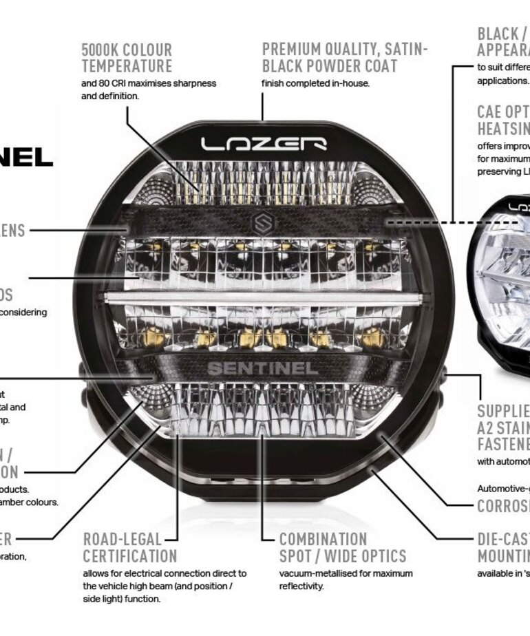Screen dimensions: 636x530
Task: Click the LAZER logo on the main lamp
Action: pyautogui.click(x=263, y=144)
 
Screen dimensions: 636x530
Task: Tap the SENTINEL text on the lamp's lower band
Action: pyautogui.click(x=262, y=368)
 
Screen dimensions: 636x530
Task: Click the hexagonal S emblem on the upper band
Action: pyautogui.click(x=264, y=224)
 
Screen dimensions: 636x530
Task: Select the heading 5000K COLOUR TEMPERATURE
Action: pyautogui.click(x=127, y=58)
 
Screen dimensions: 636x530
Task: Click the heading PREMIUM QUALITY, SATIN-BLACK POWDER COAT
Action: pyautogui.click(x=345, y=58)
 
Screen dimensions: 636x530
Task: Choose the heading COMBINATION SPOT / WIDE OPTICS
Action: pyautogui.click(x=342, y=547)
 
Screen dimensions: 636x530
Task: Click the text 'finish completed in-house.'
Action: pyautogui.click(x=315, y=83)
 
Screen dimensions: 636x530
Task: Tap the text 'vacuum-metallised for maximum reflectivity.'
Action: pyautogui.click(x=346, y=580)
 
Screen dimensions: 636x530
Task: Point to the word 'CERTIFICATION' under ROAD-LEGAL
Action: pyautogui.click(x=129, y=555)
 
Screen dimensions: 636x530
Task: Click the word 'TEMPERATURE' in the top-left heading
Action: pyautogui.click(x=127, y=66)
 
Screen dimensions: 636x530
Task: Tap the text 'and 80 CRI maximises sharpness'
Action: pyautogui.click(x=148, y=83)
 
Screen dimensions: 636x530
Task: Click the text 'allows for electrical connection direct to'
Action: pyautogui.click(x=165, y=573)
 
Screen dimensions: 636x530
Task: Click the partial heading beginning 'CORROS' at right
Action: pyautogui.click(x=503, y=505)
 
